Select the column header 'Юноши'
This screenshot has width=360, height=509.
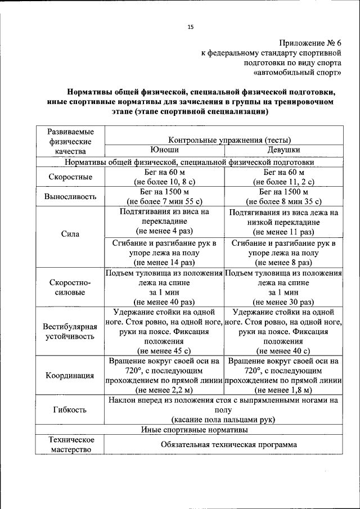164,150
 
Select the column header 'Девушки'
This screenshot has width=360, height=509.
283,150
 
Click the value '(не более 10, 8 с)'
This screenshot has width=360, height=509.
164,182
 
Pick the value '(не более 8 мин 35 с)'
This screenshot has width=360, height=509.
283,201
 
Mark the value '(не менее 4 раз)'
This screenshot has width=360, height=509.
164,231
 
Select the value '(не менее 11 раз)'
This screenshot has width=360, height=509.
283,232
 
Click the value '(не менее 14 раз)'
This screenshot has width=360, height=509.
164,262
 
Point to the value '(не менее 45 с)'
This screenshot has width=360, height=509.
164,351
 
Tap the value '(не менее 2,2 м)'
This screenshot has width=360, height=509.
164,389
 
